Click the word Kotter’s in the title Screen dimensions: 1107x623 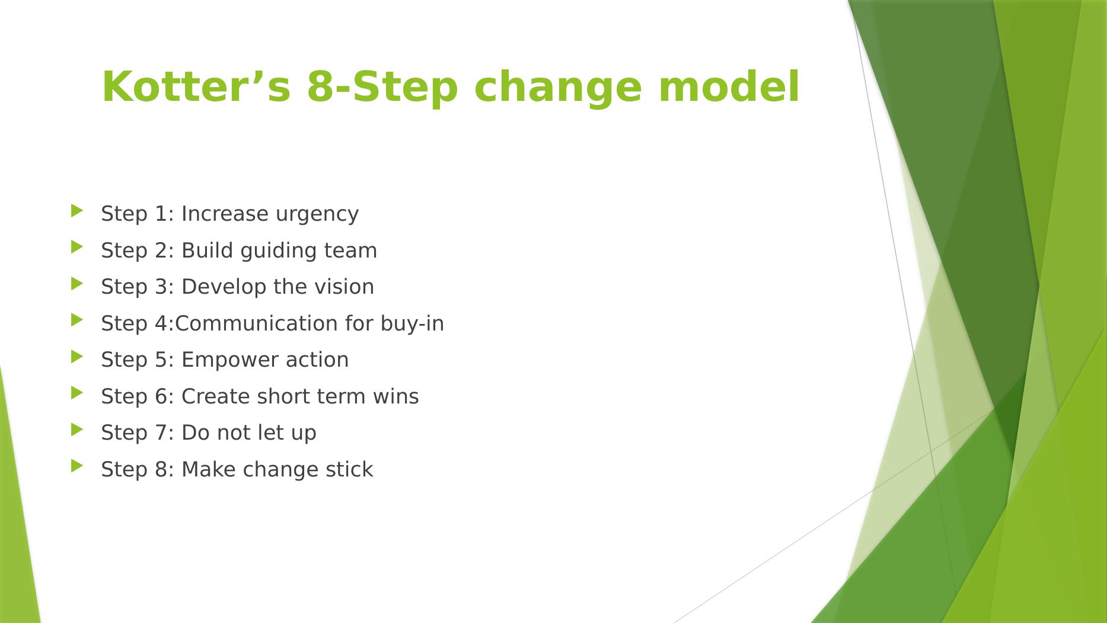(x=196, y=87)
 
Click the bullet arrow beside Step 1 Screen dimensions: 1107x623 (x=77, y=211)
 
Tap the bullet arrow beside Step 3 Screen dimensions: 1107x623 (x=77, y=284)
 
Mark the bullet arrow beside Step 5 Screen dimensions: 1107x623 (x=77, y=357)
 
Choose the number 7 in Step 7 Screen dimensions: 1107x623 (x=161, y=433)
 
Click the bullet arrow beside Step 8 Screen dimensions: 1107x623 (x=77, y=466)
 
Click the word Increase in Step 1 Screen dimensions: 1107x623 (x=225, y=214)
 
